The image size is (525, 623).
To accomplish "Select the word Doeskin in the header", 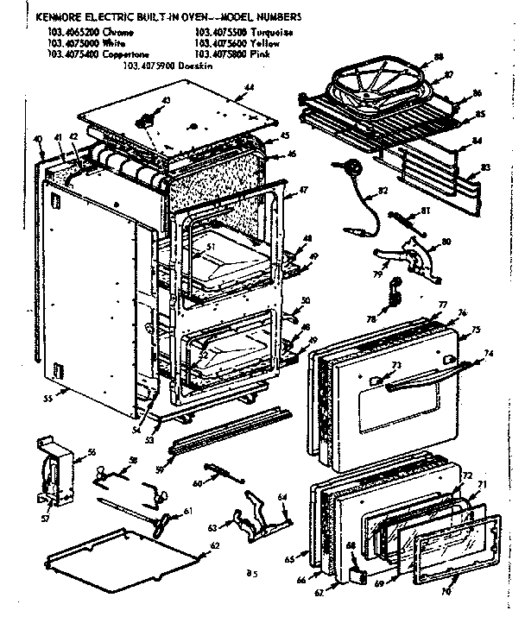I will coord(206,65).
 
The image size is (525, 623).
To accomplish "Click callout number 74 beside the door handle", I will coord(489,353).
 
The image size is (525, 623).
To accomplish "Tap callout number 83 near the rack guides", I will coord(485,167).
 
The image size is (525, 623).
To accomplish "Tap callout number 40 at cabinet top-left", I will coord(38,138).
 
